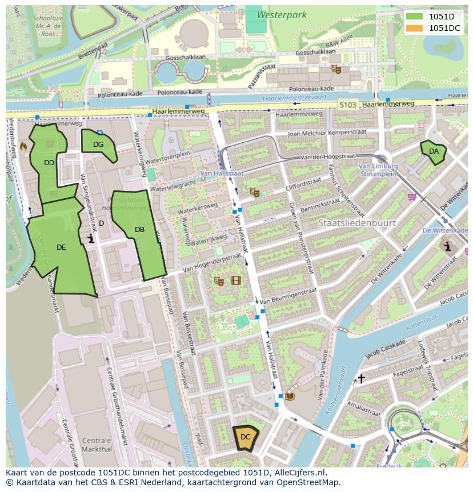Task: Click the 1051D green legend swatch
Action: (x=415, y=17)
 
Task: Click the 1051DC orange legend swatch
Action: (x=415, y=28)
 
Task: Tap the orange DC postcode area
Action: (x=246, y=438)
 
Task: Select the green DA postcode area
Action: (x=434, y=151)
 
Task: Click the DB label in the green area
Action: (x=139, y=230)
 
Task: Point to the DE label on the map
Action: (x=61, y=247)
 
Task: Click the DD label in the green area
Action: (x=49, y=163)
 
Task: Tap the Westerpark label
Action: (x=282, y=15)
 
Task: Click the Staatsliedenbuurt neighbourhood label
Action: (x=357, y=223)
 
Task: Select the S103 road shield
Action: (x=347, y=105)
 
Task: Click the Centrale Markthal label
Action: (x=97, y=445)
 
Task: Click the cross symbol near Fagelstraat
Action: (x=361, y=378)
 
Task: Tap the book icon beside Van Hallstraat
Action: (x=290, y=395)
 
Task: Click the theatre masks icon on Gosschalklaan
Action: (x=336, y=69)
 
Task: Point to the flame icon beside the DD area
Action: (x=23, y=147)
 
